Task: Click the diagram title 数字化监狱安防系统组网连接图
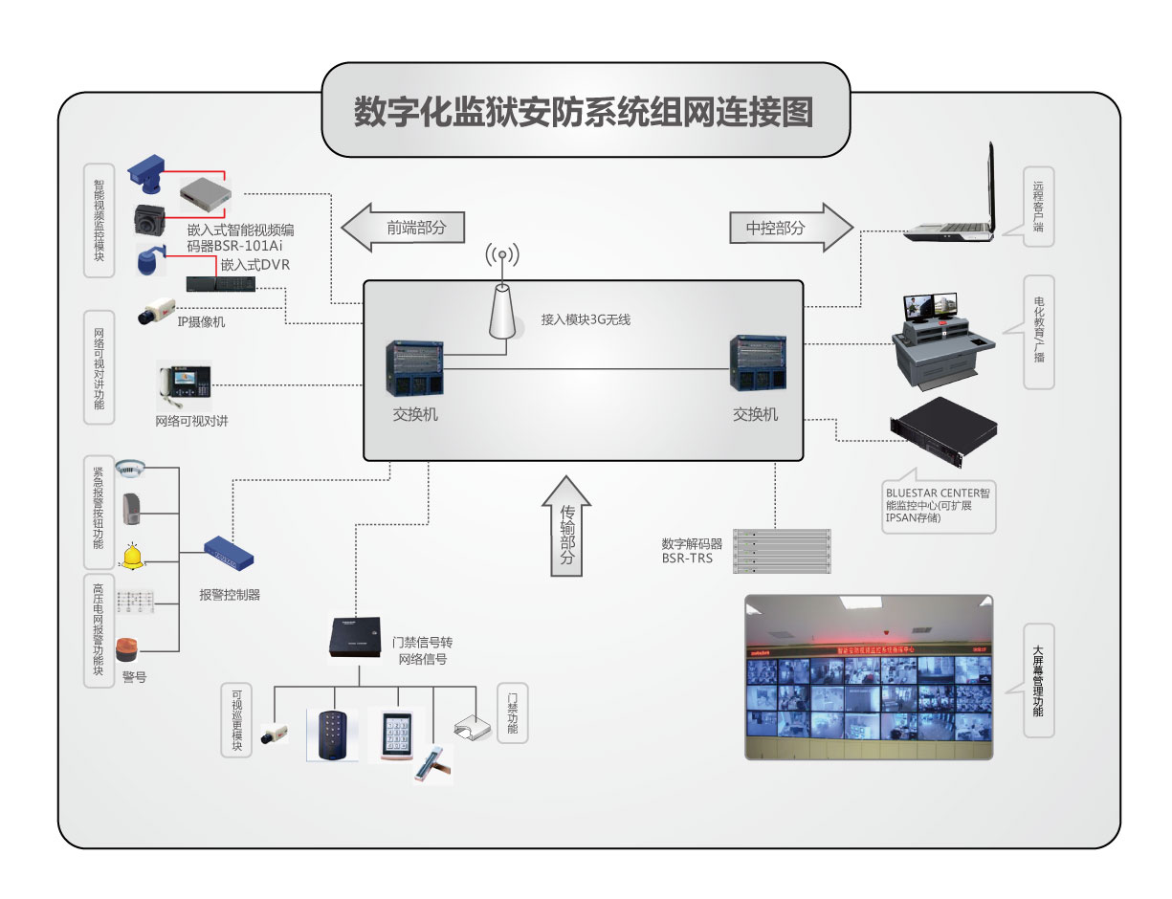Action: point(584,112)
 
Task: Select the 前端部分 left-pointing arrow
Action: point(403,228)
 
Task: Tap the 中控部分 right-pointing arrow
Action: point(789,228)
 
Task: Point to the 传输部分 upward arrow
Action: point(566,528)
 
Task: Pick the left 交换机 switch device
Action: point(415,367)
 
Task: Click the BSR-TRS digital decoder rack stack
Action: point(782,551)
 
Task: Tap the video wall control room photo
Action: point(869,677)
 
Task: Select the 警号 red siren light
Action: point(128,649)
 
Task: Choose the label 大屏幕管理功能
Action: point(1038,681)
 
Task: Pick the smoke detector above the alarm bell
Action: point(129,469)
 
